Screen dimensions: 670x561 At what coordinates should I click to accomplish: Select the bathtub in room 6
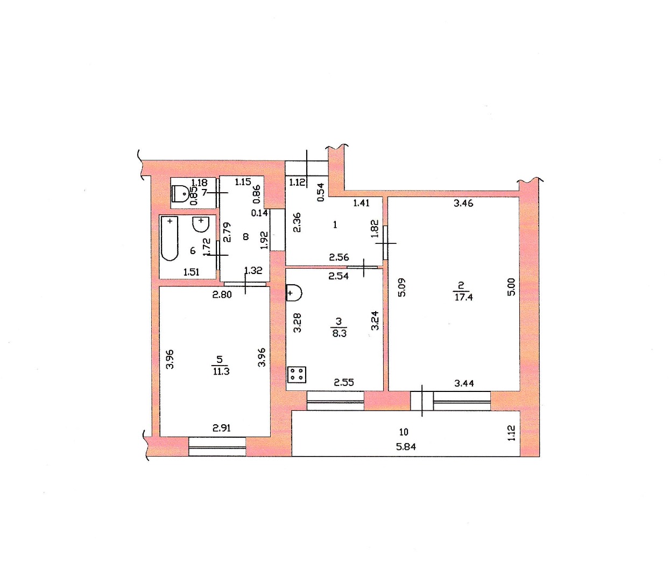tap(170, 239)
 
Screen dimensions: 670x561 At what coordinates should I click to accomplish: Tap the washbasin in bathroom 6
tap(201, 224)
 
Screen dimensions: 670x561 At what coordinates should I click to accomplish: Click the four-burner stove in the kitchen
tap(297, 375)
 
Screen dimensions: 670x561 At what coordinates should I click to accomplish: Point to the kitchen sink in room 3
tap(294, 293)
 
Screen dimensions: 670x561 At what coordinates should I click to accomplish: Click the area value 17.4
tap(463, 297)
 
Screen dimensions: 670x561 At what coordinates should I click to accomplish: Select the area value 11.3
tap(221, 372)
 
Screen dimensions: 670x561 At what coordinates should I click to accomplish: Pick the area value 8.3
tap(339, 333)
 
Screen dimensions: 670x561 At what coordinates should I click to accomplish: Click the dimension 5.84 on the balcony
tap(406, 447)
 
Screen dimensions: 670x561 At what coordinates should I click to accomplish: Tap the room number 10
tap(404, 432)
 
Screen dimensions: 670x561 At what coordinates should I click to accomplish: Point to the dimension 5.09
tap(402, 287)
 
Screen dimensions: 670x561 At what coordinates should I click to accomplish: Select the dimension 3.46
tap(463, 203)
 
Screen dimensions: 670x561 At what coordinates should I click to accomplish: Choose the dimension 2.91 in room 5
tap(222, 428)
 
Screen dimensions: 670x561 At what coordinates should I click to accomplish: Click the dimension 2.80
tap(222, 294)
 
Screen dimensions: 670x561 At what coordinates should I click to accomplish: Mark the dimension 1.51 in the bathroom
tap(191, 272)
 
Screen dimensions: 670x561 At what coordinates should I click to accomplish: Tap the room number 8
tap(246, 237)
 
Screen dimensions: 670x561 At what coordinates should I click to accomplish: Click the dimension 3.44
tap(464, 383)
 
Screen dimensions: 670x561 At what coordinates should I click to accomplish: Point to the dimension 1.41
tap(361, 203)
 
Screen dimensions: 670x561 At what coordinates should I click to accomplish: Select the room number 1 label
tap(335, 225)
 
